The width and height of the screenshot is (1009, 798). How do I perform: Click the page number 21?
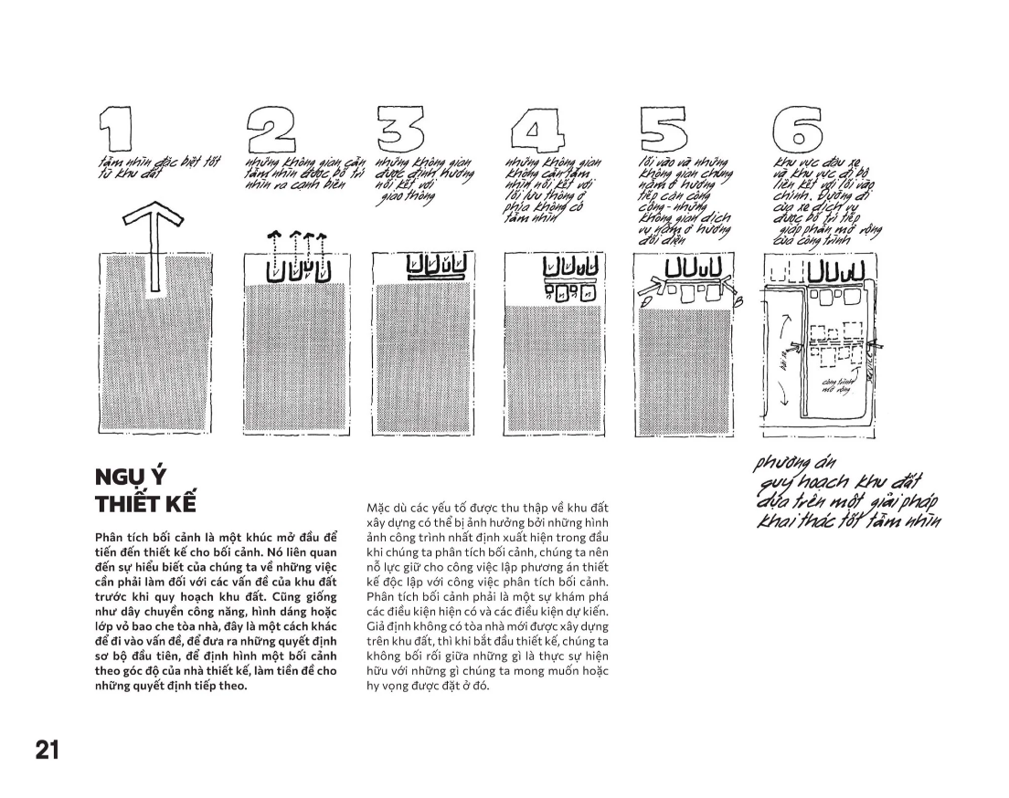47,751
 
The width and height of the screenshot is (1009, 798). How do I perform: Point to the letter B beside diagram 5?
738,300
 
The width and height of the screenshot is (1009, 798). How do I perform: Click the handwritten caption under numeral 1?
137,167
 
